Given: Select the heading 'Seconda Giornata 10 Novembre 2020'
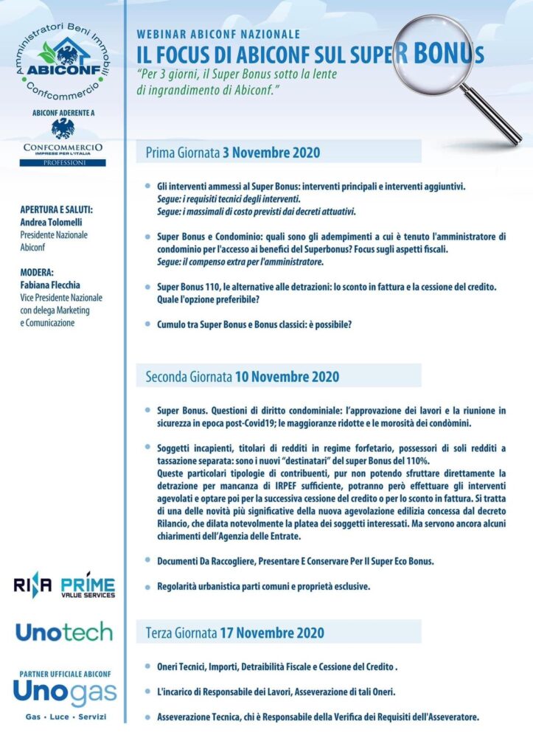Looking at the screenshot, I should pos(242,376).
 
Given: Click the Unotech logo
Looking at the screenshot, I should pos(64,632).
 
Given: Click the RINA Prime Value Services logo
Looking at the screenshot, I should pos(64,586).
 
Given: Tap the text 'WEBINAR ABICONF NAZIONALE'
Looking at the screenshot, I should pos(218,34).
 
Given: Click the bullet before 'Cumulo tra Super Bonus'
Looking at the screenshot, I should pos(147,323).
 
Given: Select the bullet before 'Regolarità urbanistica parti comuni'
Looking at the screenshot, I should pos(147,586).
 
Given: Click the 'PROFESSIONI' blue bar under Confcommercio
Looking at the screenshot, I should pos(63,162).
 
